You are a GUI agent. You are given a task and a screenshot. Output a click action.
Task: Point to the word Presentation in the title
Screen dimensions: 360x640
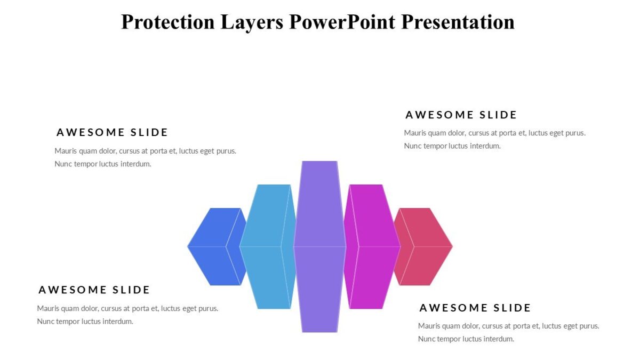point(458,22)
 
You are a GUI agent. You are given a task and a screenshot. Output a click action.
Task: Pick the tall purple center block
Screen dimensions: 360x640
point(319,246)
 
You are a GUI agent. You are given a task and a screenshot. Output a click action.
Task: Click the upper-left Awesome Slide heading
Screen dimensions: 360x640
point(112,132)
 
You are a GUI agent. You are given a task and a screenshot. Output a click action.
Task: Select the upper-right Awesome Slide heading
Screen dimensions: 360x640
point(461,115)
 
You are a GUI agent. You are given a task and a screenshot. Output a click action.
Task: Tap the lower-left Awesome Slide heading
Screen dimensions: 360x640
point(94,290)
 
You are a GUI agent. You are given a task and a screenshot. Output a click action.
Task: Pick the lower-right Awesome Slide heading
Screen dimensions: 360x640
point(475,308)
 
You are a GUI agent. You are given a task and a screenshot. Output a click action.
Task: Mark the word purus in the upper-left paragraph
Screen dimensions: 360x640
point(226,151)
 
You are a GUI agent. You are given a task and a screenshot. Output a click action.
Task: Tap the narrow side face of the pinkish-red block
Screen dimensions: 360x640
point(404,246)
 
